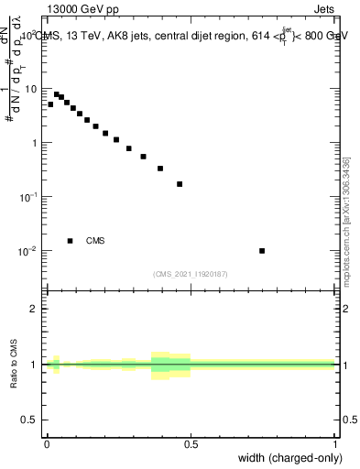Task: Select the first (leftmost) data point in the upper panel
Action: click(x=50, y=104)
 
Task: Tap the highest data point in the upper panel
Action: click(x=56, y=94)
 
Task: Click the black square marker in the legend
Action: click(x=70, y=241)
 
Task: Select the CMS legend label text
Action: click(x=95, y=241)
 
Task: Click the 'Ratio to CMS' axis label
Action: click(x=16, y=365)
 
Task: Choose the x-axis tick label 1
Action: click(x=335, y=443)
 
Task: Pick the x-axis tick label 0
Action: click(x=46, y=443)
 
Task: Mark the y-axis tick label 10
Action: click(x=31, y=89)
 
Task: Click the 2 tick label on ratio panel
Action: click(x=37, y=309)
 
